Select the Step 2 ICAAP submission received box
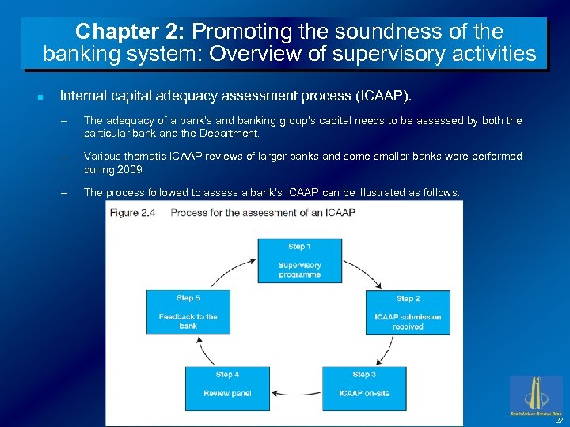click(408, 312)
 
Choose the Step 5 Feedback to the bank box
click(188, 312)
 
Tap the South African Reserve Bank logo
click(536, 395)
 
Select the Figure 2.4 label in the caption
click(135, 212)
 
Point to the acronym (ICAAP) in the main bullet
click(384, 96)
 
